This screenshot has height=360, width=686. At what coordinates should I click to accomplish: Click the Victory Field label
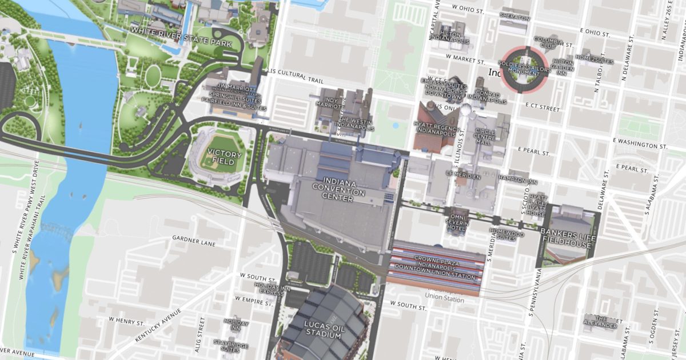click(221, 157)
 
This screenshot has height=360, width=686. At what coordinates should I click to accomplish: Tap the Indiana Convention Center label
click(338, 189)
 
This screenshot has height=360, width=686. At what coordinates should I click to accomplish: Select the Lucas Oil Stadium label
click(323, 330)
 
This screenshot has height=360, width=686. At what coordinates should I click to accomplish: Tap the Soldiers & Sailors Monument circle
click(524, 69)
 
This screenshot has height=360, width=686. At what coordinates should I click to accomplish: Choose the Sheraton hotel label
click(514, 17)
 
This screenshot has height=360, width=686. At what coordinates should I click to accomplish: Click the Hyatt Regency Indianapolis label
click(436, 127)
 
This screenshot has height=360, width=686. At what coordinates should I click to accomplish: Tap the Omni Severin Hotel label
click(457, 222)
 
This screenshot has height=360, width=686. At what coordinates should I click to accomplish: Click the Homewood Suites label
click(506, 235)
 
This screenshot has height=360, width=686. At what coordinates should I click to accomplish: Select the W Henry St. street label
click(126, 322)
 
